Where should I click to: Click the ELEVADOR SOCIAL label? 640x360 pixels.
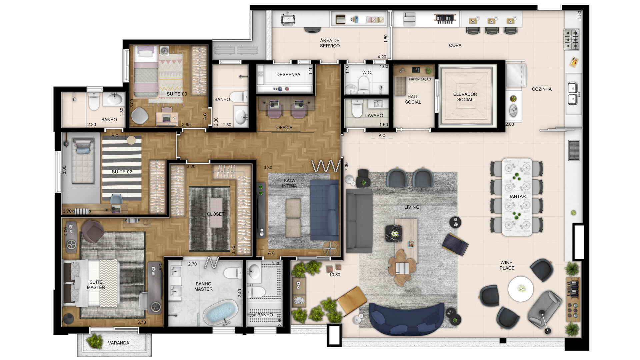[465, 97]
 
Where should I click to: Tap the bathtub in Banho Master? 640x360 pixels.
[220, 312]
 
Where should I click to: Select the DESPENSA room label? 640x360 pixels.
[288, 74]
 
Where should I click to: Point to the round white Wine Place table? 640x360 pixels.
[521, 289]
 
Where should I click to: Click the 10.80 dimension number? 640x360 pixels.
[335, 275]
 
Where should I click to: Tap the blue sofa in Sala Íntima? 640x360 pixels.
[324, 210]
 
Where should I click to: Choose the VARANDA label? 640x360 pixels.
[118, 343]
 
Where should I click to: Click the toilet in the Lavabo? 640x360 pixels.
[357, 109]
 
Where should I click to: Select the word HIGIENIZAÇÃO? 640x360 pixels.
[420, 79]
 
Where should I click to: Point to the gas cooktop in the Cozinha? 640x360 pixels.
[572, 39]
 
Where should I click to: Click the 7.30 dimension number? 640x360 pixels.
[346, 167]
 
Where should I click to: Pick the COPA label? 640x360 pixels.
[455, 45]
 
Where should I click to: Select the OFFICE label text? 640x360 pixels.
[284, 127]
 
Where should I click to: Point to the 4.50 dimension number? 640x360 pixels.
[579, 15]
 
